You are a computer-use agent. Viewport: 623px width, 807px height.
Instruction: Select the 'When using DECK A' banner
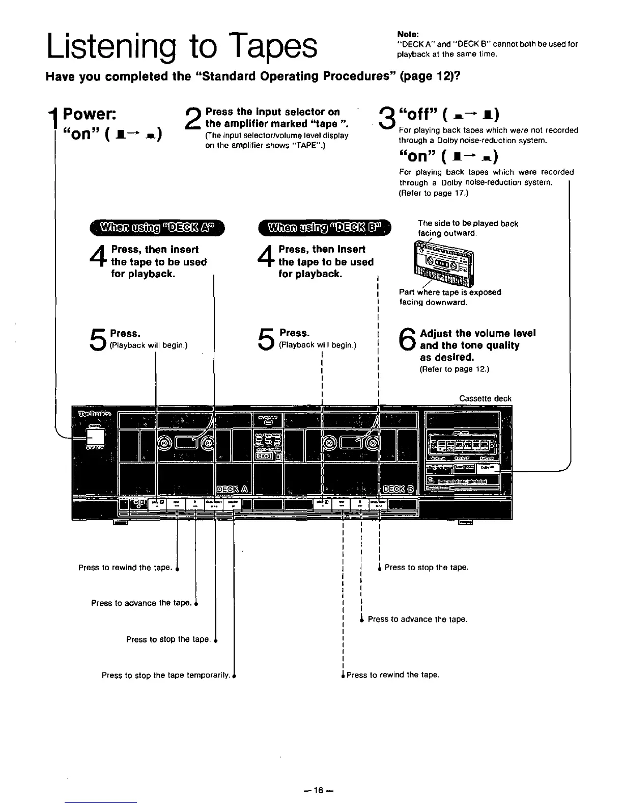[157, 227]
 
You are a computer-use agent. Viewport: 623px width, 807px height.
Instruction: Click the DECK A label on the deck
[232, 490]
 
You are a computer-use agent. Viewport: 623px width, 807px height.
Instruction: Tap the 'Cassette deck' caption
[485, 398]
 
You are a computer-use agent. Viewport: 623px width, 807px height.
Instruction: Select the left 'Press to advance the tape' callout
[141, 603]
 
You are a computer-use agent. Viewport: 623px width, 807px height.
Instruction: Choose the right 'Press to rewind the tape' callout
[392, 675]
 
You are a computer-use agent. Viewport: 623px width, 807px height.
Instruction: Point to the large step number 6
[408, 340]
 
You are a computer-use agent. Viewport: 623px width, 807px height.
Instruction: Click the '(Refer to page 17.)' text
[433, 193]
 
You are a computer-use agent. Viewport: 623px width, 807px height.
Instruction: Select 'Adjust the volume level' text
[477, 333]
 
